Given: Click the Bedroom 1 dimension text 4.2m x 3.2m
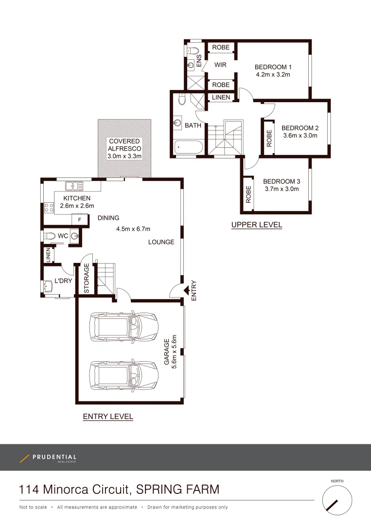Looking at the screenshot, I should pos(273,75).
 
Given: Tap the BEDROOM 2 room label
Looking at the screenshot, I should pos(300,128).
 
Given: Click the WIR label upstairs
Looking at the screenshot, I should pos(220,65).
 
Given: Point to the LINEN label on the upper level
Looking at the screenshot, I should pos(221,98).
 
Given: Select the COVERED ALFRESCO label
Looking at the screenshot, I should pos(124,144).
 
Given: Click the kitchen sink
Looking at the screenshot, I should pos(74,185).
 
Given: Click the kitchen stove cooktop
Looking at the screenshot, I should pos(49,208).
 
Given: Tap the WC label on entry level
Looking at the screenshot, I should pos(63,236).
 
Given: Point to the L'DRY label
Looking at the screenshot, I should pos(63,281).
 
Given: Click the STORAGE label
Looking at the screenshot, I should pos(87,279).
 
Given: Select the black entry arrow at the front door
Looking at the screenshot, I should pos(186,290).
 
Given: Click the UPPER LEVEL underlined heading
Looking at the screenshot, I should pos(256,225).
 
